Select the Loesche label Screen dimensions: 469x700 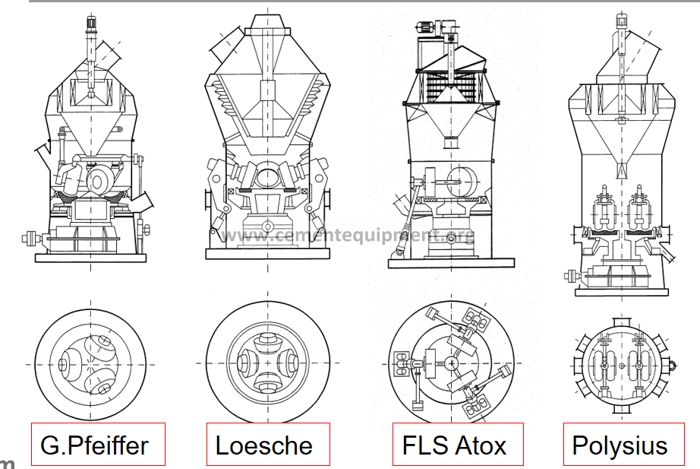tap(268, 444)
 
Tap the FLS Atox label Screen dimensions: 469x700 tap(453, 444)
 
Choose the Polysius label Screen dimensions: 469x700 tap(620, 444)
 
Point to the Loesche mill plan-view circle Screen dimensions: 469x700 tap(268, 363)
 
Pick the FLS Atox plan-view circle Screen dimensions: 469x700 tap(452, 363)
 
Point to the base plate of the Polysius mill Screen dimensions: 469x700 tap(621, 290)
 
